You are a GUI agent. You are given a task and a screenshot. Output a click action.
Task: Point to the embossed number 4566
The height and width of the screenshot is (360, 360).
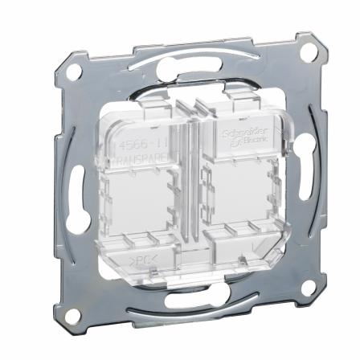coord(132,144)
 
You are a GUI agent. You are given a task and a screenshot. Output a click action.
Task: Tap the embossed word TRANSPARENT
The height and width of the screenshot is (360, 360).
coord(143,160)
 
